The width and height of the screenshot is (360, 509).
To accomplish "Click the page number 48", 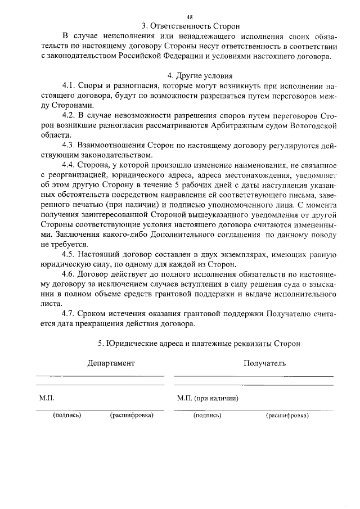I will [190, 17].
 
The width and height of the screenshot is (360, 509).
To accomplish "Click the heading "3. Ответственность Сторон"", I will [191, 26].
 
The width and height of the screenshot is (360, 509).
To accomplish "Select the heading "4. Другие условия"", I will [192, 75].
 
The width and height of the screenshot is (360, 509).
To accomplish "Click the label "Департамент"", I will [111, 363].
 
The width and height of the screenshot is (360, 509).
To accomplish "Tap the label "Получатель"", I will [264, 363].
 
